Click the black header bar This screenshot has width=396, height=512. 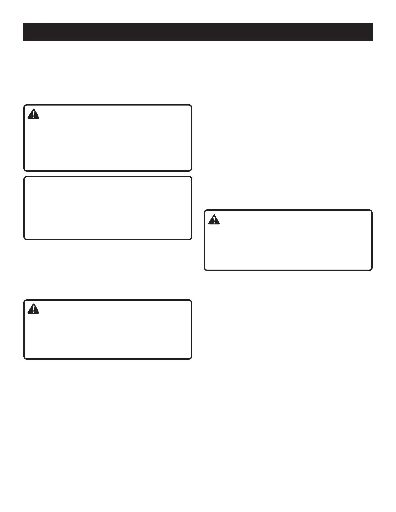(x=198, y=32)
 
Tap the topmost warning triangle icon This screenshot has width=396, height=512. (x=33, y=114)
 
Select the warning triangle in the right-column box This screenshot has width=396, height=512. (x=214, y=219)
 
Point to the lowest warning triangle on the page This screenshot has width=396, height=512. (x=33, y=309)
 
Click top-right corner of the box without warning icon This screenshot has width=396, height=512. (x=192, y=176)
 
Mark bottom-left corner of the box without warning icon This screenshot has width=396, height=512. (x=24, y=239)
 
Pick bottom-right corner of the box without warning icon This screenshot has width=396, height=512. (x=192, y=239)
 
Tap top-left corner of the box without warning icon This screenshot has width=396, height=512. (x=24, y=176)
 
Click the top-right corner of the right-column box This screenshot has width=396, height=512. (x=372, y=210)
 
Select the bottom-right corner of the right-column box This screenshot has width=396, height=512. (x=372, y=270)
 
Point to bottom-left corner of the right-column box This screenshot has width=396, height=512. (x=204, y=270)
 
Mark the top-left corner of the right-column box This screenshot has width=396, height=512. (x=204, y=210)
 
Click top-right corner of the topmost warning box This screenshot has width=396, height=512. (x=192, y=105)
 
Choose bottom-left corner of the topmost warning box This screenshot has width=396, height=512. (x=24, y=171)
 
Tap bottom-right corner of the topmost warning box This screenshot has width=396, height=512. (x=192, y=171)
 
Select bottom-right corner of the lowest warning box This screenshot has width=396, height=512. (x=192, y=359)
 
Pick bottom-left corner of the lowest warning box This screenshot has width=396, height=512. (x=24, y=359)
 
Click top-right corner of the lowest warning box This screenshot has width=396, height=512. (x=192, y=300)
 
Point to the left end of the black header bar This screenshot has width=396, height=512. (x=24, y=32)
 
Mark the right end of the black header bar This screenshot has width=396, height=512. (x=372, y=32)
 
